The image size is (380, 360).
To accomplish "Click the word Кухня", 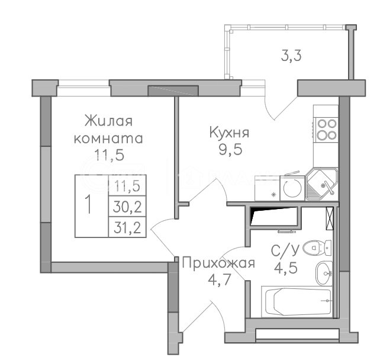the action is coord(229,133).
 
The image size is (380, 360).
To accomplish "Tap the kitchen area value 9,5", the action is coord(230,150).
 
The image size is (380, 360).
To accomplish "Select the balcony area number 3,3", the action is coord(291,56).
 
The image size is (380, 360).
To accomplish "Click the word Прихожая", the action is coord(218,263).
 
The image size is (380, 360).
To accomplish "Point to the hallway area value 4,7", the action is coord(218,279).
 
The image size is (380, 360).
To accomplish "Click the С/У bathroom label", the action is coord(285,250).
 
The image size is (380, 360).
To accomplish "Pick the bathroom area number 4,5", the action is coord(286,268).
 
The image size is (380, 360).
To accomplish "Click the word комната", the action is coord(108,139).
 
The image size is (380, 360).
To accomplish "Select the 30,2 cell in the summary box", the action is coord(127,207).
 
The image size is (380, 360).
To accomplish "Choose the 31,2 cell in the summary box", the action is coord(127,228).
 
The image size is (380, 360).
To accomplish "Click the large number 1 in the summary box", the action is coord(89,205).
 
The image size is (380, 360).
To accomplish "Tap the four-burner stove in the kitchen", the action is coord(327,130).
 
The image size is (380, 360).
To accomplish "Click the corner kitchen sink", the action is coord(322,184).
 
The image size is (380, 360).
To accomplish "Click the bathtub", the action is coord(298,301).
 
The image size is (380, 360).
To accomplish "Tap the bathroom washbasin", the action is coord(324,273).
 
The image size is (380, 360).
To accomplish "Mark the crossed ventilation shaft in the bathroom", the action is coord(330,218).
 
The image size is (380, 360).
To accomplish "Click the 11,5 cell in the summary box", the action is coord(127,185).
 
